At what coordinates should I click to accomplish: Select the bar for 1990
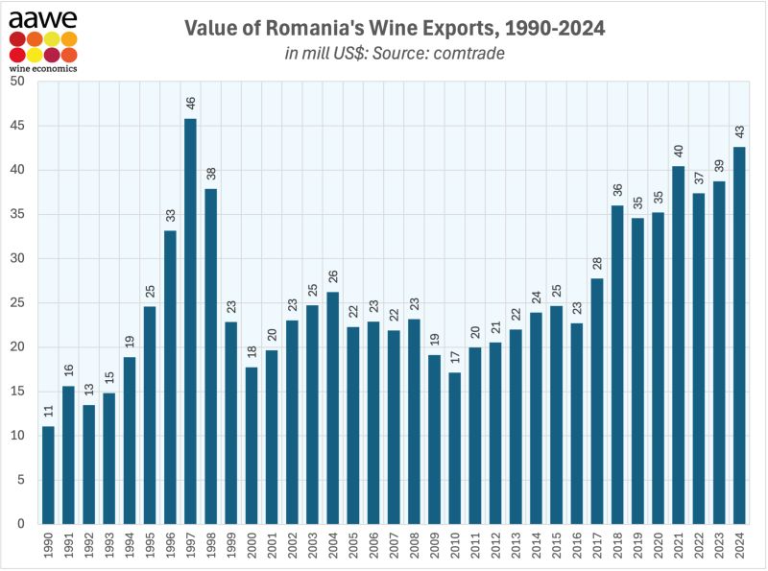[x=48, y=475]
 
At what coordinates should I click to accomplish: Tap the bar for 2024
[x=738, y=336]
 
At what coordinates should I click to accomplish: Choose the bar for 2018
[x=616, y=365]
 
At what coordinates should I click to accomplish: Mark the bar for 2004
[x=332, y=408]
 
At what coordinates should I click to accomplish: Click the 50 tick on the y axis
[x=18, y=81]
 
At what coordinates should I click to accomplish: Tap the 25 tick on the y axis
[x=18, y=302]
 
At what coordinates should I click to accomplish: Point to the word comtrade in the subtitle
[x=469, y=53]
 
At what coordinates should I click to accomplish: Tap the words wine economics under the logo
[x=43, y=68]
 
